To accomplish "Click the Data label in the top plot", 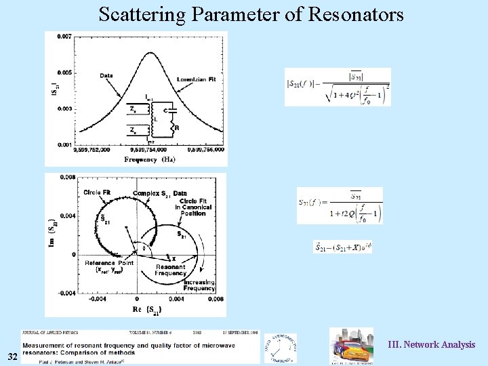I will [x=106, y=75].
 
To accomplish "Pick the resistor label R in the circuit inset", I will [x=176, y=127].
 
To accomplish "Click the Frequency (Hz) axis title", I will [x=150, y=160].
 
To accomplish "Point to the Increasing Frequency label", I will [x=199, y=285].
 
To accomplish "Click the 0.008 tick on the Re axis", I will [x=216, y=298].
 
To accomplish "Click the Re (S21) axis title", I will [x=146, y=309].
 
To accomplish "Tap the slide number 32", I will [x=13, y=357].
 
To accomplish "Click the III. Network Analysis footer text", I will [x=431, y=345].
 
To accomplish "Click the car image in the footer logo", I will [x=350, y=348].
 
